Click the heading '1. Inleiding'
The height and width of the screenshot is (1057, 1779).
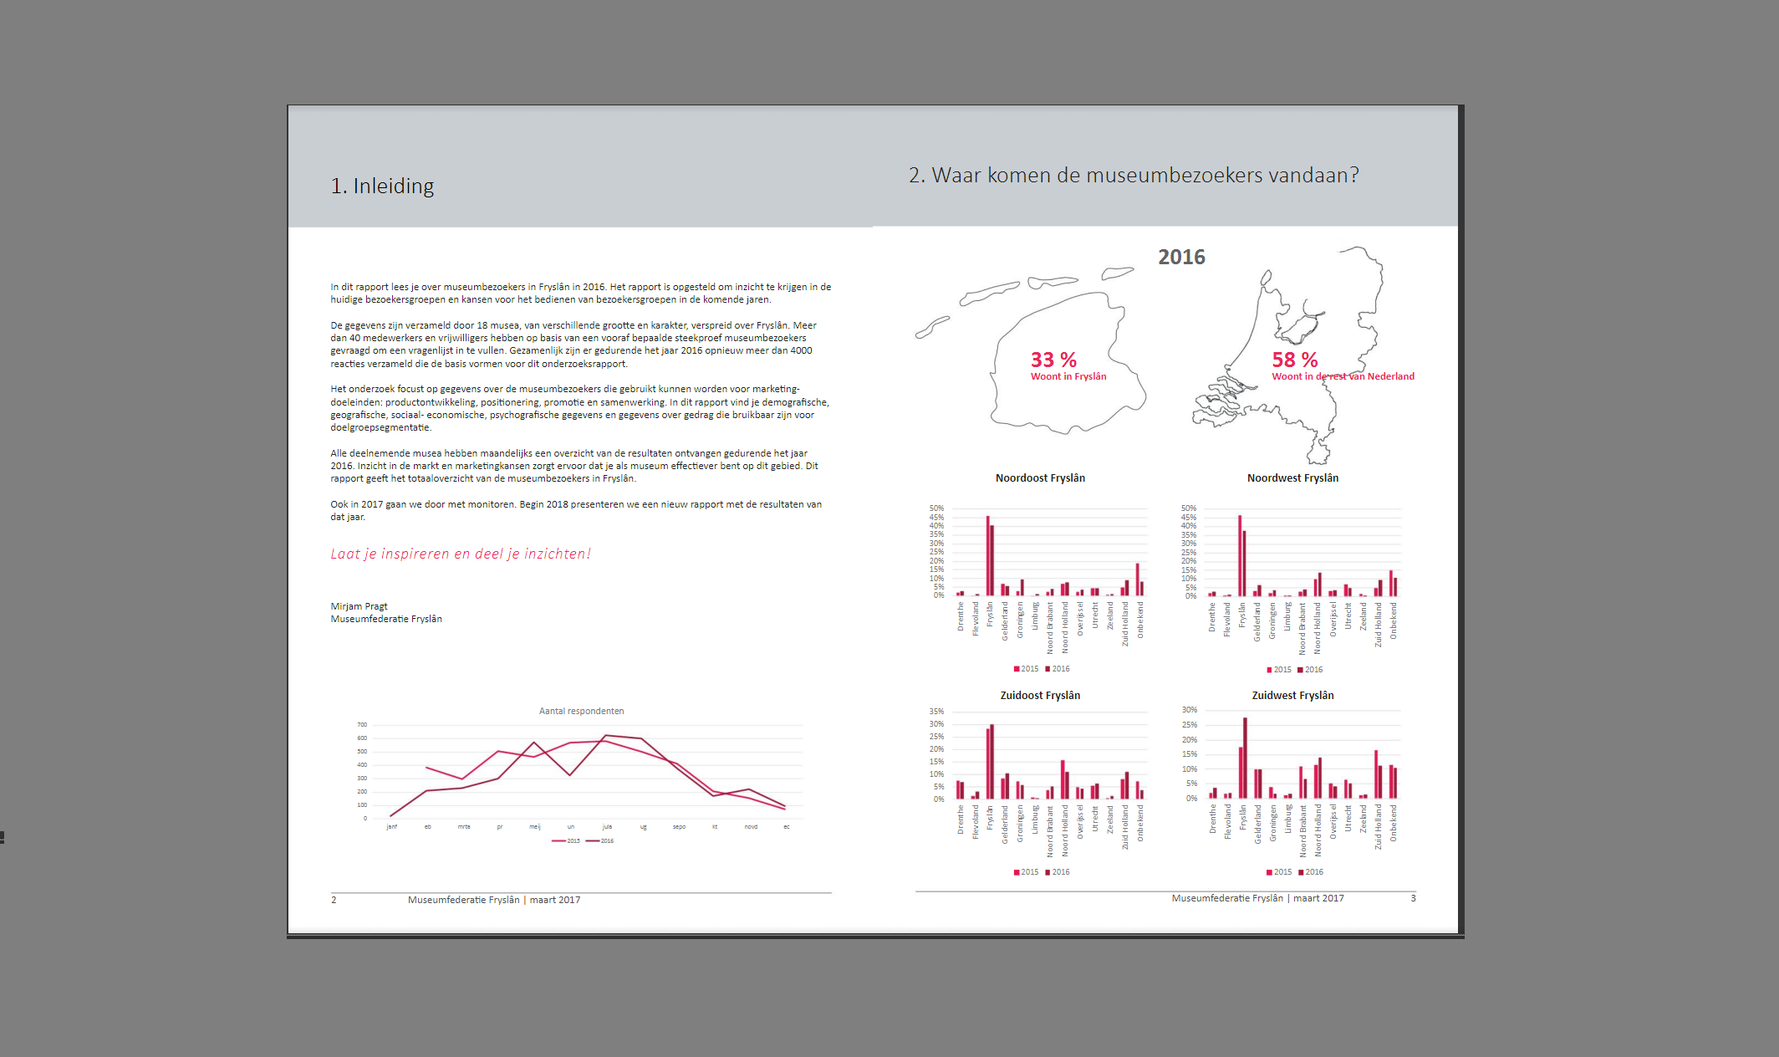(382, 186)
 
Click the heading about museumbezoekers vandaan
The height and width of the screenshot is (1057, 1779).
(1133, 175)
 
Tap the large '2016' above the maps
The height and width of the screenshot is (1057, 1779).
(1181, 257)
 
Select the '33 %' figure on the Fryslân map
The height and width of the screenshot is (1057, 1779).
(1053, 360)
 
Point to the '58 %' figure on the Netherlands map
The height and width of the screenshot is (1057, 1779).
(1294, 360)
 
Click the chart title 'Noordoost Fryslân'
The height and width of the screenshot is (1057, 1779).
(1040, 478)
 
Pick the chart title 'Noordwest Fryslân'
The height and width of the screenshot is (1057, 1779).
(1292, 478)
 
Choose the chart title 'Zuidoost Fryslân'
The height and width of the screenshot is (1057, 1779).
(1040, 696)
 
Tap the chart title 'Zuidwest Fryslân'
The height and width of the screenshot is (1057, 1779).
(1292, 696)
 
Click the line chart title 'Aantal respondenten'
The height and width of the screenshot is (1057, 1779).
(581, 711)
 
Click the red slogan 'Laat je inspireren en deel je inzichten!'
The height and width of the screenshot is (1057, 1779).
(461, 554)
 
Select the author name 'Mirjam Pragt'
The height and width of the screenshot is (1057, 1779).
(359, 606)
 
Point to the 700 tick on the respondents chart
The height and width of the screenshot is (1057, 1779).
(362, 725)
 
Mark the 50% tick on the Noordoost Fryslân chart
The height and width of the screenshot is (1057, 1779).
(936, 508)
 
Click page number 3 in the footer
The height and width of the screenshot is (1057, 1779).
(1414, 898)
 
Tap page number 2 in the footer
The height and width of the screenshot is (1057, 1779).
(334, 900)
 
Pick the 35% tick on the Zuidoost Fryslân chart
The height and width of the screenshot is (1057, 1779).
(936, 712)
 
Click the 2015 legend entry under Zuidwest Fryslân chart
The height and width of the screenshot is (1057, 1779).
(1279, 872)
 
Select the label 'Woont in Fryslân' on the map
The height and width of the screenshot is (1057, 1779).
(1068, 376)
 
